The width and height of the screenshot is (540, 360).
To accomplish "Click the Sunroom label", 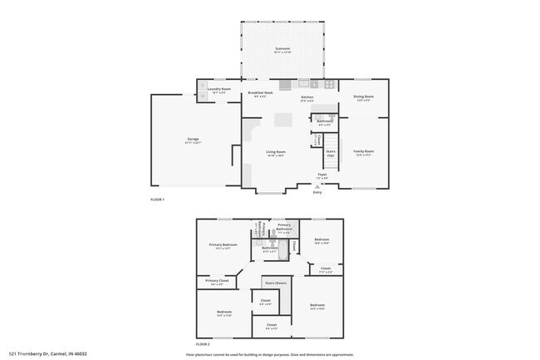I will coord(282,50).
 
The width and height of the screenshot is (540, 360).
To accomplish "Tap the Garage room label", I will coord(193,140).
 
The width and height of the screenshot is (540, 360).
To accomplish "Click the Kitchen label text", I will coord(307,97).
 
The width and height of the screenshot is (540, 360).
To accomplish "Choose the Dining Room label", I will coord(364,97).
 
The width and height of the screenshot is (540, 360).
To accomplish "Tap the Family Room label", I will coord(364,151).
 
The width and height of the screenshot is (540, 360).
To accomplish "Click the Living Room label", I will coord(276,152).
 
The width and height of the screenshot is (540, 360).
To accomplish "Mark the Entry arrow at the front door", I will coord(317,188).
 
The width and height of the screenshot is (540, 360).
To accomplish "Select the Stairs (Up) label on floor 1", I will coord(330,154).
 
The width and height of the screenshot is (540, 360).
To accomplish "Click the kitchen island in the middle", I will coord(284,120).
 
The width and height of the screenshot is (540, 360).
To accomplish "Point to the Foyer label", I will coord(322,175).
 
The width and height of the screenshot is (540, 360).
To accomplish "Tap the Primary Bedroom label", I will coord(223,245).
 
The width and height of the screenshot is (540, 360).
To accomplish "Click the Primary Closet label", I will coord(216,282).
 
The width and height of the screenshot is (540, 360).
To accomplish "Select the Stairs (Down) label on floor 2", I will coord(276,284).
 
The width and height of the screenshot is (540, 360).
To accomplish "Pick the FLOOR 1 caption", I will coord(157,200).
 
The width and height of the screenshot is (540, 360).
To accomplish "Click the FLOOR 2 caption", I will coord(204,343).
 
